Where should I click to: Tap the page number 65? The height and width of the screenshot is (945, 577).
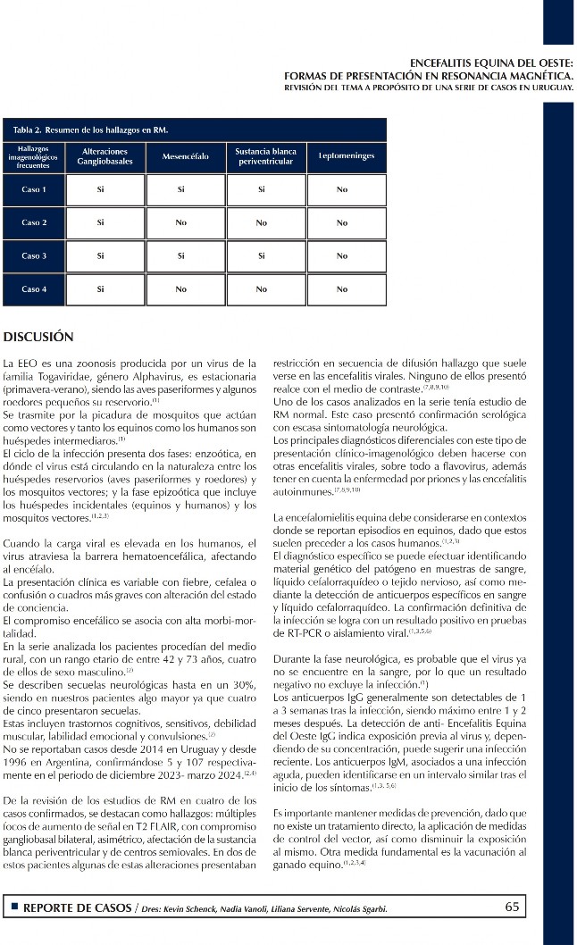512,907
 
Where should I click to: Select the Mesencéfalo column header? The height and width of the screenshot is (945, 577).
186,157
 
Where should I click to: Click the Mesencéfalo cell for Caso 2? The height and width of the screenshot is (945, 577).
181,223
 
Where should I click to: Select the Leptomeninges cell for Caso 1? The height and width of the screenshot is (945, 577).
342,190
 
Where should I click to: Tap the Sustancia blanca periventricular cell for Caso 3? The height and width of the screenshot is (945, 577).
261,256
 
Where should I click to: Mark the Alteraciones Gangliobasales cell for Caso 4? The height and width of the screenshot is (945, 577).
101,289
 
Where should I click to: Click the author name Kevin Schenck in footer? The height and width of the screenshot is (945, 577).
192,908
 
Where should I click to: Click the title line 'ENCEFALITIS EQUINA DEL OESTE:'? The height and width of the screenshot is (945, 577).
490,63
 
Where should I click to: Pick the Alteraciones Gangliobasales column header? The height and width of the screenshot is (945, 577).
105,157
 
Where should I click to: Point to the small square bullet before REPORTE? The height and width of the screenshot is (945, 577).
14,907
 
